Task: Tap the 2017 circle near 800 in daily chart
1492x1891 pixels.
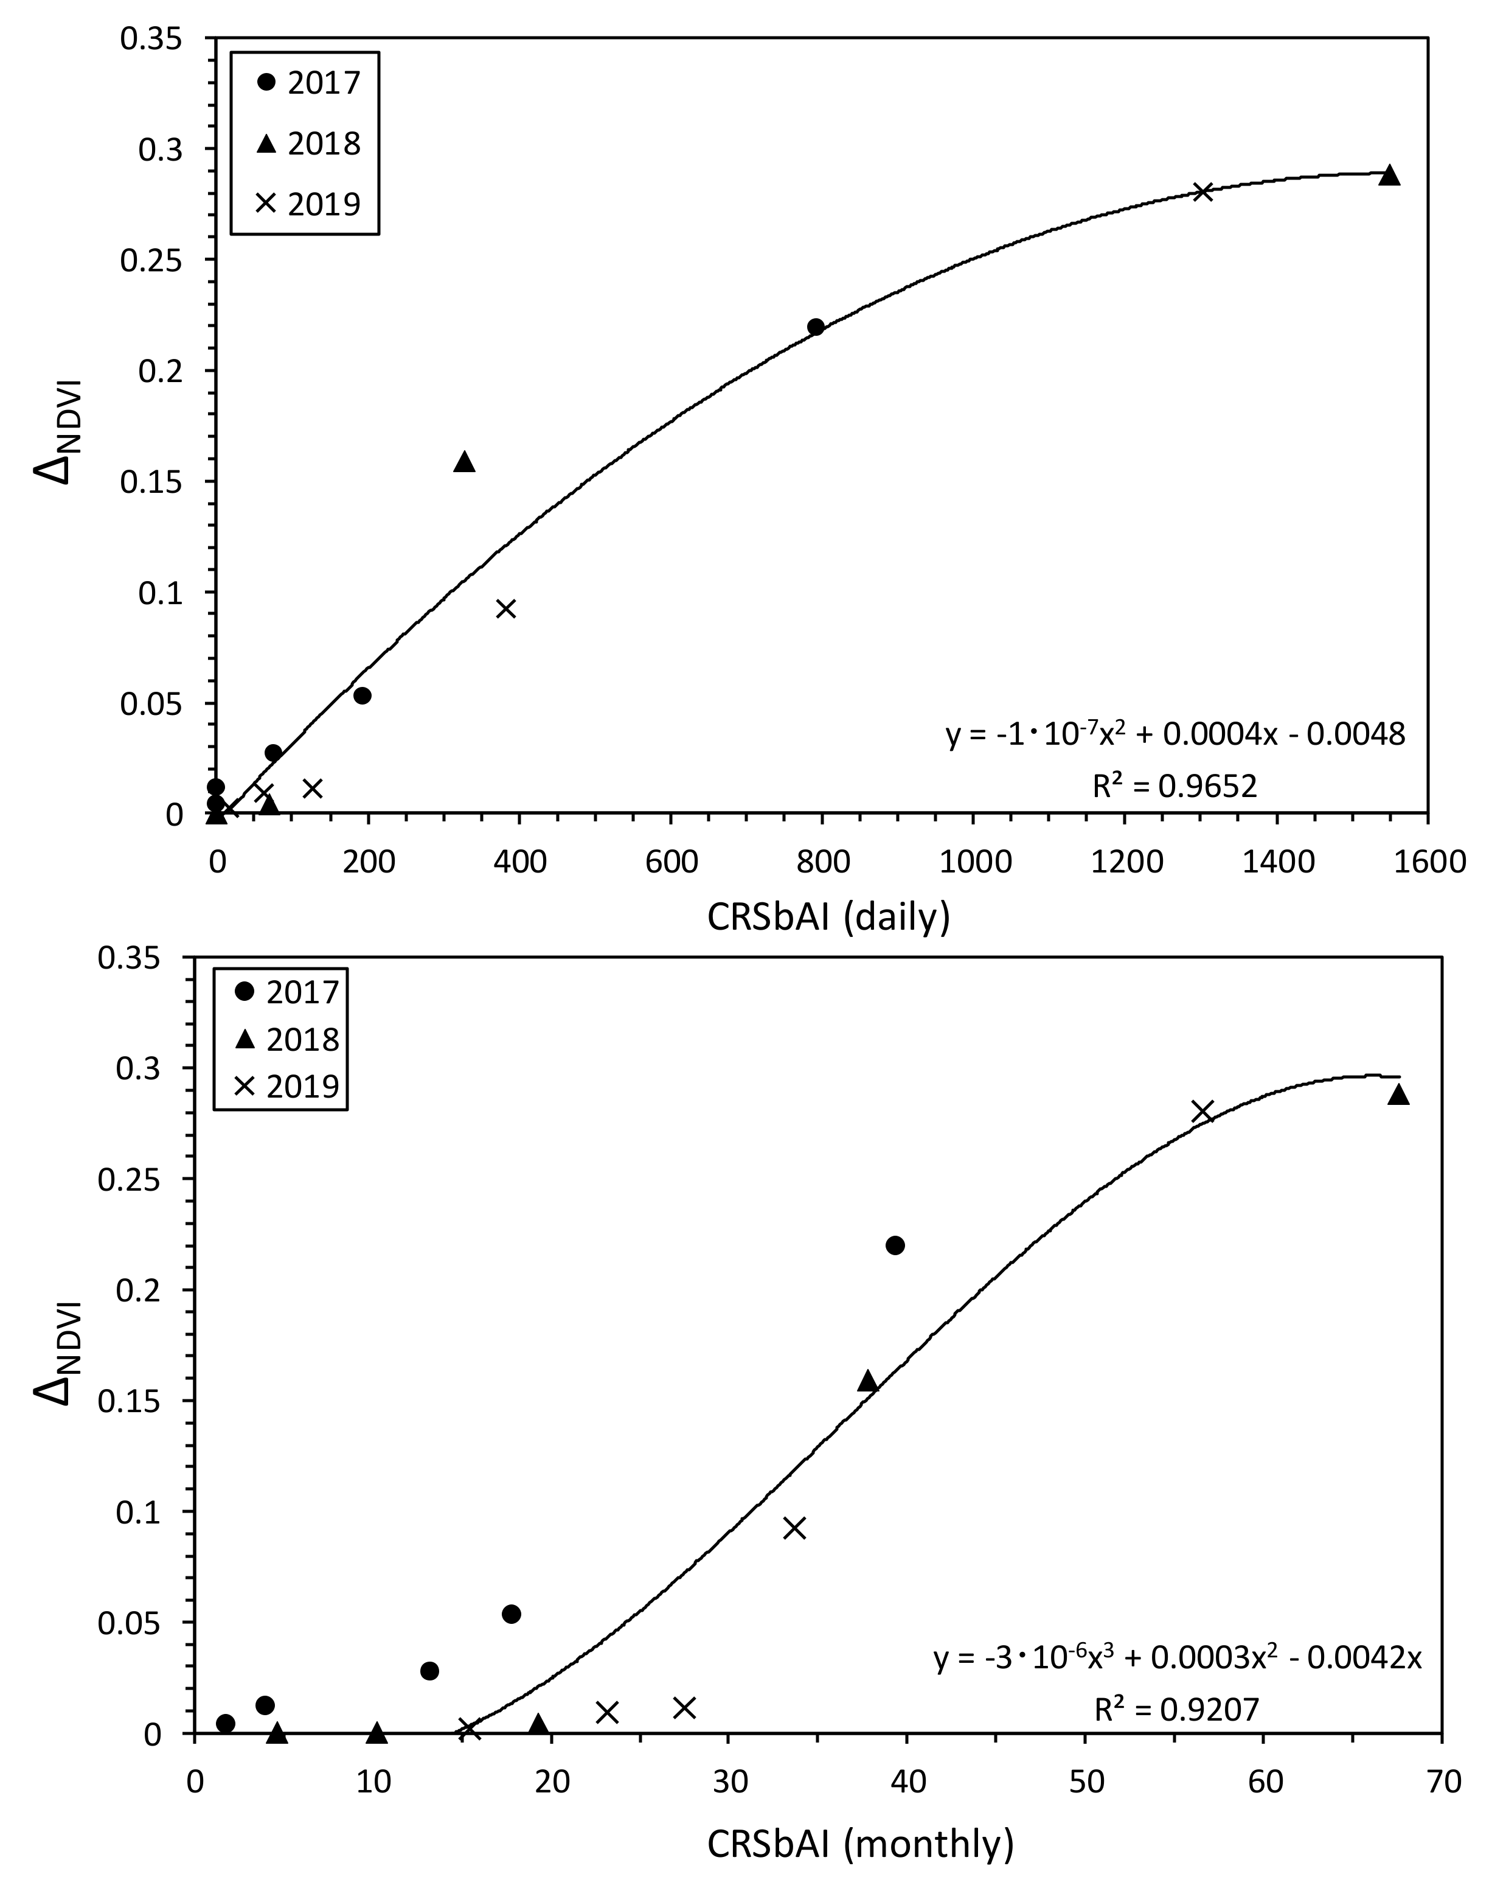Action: click(x=816, y=327)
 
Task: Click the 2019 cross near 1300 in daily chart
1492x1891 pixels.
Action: click(x=1203, y=192)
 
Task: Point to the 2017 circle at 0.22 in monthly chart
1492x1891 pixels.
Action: click(x=895, y=1245)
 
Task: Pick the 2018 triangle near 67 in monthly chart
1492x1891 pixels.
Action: click(x=1398, y=1096)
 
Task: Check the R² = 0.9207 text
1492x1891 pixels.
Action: click(x=1177, y=1707)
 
